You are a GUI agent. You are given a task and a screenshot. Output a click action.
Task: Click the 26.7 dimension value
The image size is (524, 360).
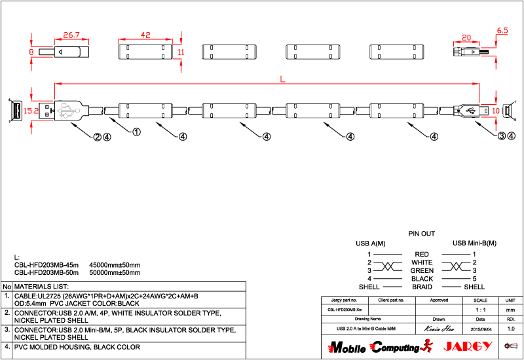pyautogui.click(x=71, y=34)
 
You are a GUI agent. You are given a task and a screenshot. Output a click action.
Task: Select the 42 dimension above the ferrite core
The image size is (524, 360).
pyautogui.click(x=145, y=34)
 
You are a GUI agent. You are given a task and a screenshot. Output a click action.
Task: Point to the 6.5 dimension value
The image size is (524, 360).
pyautogui.click(x=503, y=31)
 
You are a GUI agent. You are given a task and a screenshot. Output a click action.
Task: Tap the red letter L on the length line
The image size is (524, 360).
pyautogui.click(x=282, y=79)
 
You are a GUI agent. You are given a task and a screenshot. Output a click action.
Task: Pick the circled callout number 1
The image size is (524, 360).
pyautogui.click(x=137, y=132)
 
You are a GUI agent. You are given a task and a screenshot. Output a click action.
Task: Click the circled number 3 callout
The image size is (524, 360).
pyautogui.click(x=502, y=136)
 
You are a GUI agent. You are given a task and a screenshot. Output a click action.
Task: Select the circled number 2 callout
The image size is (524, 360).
pyautogui.click(x=97, y=137)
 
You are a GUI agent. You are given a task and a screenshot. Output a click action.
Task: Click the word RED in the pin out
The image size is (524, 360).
pyautogui.click(x=422, y=254)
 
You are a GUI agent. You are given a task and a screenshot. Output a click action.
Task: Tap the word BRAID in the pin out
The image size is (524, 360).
pyautogui.click(x=422, y=287)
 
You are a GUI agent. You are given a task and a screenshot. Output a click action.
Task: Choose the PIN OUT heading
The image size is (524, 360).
pyautogui.click(x=422, y=234)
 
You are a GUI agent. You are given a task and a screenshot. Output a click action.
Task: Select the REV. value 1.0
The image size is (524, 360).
pyautogui.click(x=511, y=328)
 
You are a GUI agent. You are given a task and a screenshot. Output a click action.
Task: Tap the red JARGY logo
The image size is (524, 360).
pyautogui.click(x=466, y=346)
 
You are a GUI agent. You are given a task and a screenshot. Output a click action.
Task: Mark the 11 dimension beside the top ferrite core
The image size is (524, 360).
pyautogui.click(x=181, y=51)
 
